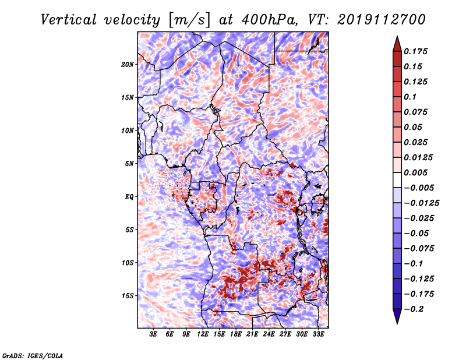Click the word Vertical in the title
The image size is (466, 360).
coord(69,20)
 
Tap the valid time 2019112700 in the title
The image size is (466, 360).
coord(381,20)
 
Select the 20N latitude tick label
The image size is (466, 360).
coord(128,65)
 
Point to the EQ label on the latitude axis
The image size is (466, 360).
coord(129,197)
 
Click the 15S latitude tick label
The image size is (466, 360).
coord(128,296)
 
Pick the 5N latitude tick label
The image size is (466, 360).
coord(129,164)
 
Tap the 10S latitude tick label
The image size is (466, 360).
coord(128,263)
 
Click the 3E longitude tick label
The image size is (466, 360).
coord(153,334)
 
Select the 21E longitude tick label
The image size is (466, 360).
coord(252,334)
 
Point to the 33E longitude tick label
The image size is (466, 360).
coord(318,334)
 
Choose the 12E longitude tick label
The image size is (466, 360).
coord(203,334)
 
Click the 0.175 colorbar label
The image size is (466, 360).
coord(415,51)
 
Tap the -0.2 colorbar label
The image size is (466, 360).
coord(414,309)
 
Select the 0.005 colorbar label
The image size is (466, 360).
coord(415,172)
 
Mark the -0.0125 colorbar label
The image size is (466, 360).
coord(421,203)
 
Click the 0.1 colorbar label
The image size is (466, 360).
coord(410,97)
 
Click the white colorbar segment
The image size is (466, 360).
coord(397,180)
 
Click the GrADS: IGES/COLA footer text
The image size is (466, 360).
coord(33,355)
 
